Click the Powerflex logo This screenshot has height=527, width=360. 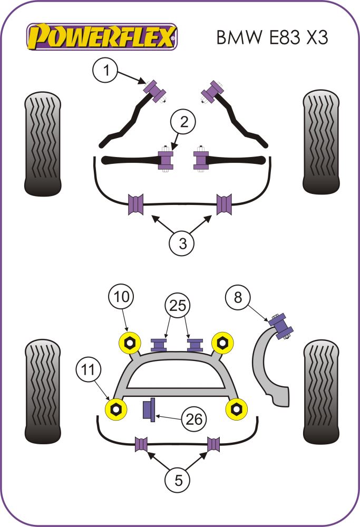[x=102, y=37]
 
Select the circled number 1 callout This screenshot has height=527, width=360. [x=106, y=71]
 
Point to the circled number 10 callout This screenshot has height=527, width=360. [x=121, y=298]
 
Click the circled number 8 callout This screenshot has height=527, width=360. [x=239, y=298]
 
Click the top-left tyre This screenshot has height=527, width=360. [x=43, y=142]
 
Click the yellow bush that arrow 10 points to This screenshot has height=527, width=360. [x=129, y=343]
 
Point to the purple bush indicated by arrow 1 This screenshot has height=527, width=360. [x=155, y=91]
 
